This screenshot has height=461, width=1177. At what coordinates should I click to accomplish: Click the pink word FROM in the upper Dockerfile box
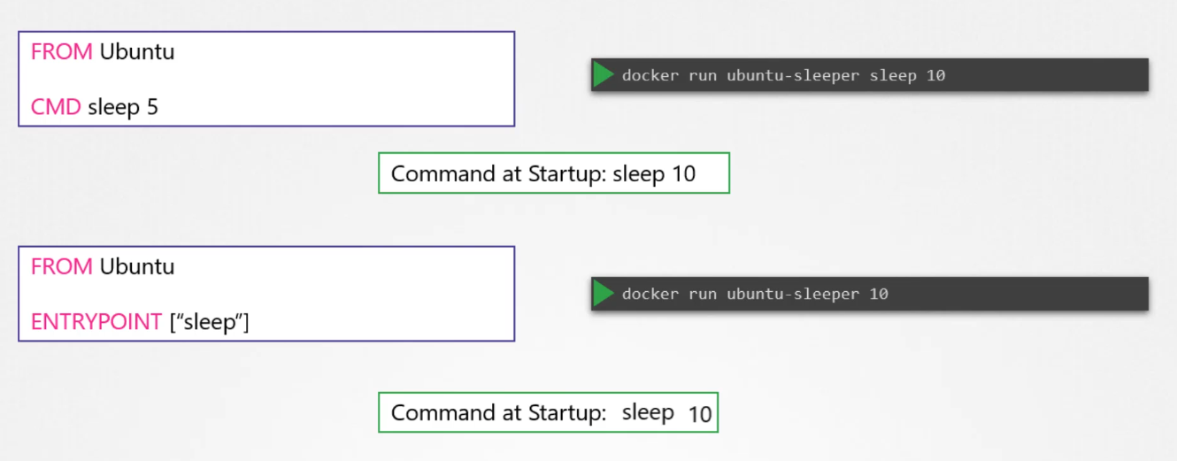point(61,52)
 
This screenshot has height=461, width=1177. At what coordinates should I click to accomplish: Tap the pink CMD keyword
point(56,108)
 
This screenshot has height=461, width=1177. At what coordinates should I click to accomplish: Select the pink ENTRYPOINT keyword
point(96,322)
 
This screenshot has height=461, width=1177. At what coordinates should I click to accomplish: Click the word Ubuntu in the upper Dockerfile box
point(137,52)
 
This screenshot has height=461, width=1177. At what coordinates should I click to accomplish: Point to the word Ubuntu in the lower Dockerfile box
point(137,267)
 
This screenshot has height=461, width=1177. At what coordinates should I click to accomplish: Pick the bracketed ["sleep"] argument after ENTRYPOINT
point(209,322)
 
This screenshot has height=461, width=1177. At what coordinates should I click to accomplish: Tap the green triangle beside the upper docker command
point(604,75)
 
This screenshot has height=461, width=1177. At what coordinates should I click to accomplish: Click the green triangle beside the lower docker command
point(604,294)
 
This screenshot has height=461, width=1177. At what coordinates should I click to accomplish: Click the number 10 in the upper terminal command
point(935,76)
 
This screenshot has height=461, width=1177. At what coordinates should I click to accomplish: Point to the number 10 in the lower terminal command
point(878,295)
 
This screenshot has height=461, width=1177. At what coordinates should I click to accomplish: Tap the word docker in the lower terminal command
point(650,295)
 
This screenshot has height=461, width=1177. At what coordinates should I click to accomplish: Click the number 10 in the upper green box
point(683,174)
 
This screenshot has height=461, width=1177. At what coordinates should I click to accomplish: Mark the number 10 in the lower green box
point(699,414)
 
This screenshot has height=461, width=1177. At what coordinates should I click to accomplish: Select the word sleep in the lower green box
point(648,412)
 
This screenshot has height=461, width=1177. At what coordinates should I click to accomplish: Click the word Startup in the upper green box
point(566,174)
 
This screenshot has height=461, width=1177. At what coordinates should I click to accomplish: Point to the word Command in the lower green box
point(439,413)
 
